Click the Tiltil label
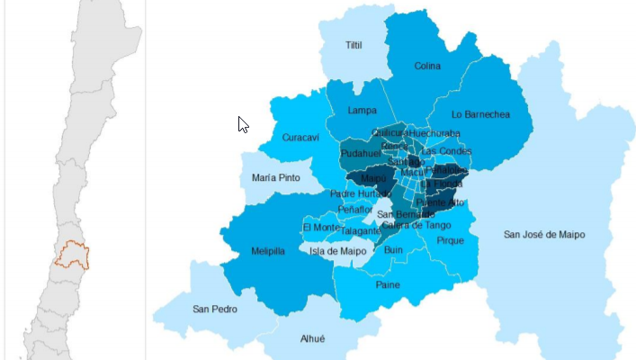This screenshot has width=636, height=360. click(354, 45)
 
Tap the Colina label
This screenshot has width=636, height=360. click(427, 66)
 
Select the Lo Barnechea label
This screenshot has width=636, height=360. click(480, 114)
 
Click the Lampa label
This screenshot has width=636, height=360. click(362, 110)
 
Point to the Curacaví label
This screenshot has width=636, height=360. click(300, 138)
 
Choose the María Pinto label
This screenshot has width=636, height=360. click(276, 178)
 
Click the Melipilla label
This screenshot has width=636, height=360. click(268, 251)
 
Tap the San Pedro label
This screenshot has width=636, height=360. click(214, 309)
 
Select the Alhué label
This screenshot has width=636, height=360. click(311, 339)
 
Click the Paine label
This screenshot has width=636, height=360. click(388, 285)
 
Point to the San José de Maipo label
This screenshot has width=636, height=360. click(543, 235)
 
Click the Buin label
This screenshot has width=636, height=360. click(393, 251)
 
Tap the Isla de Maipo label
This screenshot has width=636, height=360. click(337, 251)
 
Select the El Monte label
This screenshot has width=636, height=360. click(320, 228)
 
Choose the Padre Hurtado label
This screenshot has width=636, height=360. click(356, 193)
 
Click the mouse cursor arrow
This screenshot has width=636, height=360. click(243, 124)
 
